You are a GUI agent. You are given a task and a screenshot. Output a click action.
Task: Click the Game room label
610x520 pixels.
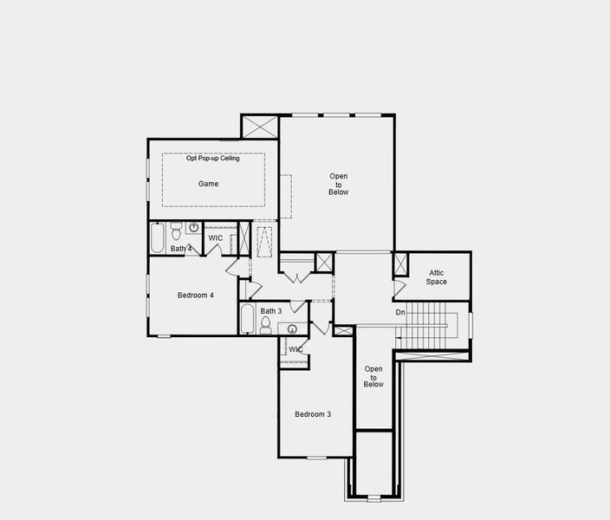click(x=208, y=184)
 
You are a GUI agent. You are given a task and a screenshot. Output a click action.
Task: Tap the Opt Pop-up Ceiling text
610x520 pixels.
click(x=213, y=159)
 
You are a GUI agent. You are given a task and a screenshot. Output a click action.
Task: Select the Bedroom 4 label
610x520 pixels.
click(x=195, y=296)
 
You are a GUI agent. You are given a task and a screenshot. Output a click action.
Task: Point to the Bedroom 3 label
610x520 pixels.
click(x=313, y=414)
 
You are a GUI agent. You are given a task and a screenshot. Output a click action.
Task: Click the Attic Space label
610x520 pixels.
click(x=437, y=277)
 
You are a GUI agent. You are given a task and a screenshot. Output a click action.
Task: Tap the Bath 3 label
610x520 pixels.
click(x=271, y=311)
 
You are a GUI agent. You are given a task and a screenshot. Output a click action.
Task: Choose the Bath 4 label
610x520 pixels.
click(x=181, y=250)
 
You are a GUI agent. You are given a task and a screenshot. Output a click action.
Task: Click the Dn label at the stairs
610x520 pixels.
click(x=400, y=312)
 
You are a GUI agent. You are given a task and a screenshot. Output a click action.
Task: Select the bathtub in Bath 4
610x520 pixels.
click(x=157, y=238)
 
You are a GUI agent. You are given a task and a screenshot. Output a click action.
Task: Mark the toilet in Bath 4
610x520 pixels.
click(x=176, y=231)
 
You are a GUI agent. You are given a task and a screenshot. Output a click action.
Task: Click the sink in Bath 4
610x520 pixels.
click(x=193, y=228)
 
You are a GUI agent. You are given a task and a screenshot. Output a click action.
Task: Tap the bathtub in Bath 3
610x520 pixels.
click(x=247, y=319)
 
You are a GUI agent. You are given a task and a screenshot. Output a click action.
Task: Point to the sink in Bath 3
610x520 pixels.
click(x=293, y=329)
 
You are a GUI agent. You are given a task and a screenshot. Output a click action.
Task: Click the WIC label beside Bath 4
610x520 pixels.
click(x=216, y=238)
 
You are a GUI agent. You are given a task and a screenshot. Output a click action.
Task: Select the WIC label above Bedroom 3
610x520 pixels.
click(x=296, y=349)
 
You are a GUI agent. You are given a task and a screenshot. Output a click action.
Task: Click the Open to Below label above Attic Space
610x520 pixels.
click(x=339, y=185)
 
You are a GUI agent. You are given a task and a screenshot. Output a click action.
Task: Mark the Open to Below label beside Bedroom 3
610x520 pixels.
click(x=373, y=376)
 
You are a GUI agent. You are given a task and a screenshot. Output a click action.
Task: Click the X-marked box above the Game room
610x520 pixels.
click(x=259, y=127)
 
